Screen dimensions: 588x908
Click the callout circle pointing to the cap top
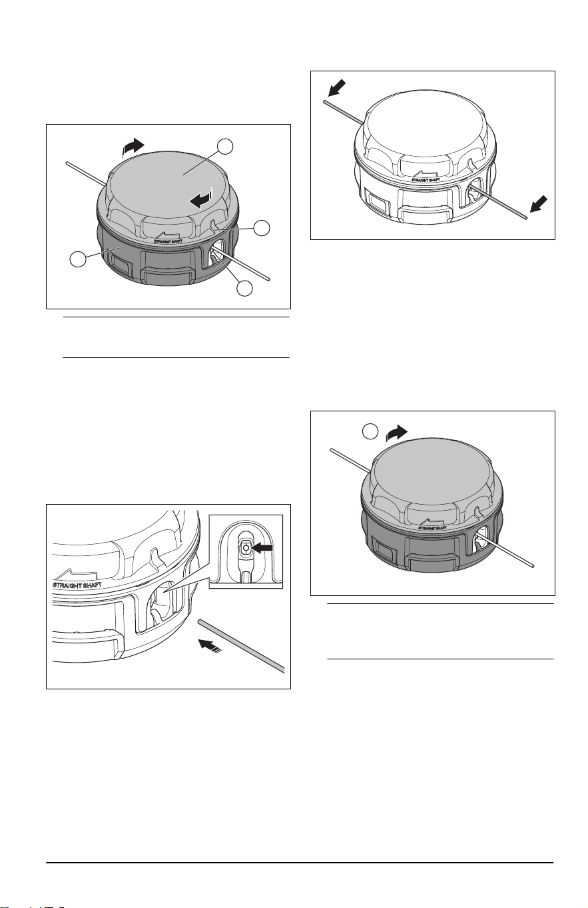coord(225,147)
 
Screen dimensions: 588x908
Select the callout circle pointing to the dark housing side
coord(78,259)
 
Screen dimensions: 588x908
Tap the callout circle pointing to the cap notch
coord(262,228)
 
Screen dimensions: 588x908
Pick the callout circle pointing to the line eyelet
coord(244,288)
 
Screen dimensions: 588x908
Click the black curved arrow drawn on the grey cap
coord(202,198)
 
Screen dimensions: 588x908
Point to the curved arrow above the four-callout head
coord(133,147)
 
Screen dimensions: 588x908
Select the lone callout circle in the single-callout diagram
coord(370,432)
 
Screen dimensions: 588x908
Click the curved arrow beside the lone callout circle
coord(396,433)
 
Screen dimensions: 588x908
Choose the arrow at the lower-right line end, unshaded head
coord(539,204)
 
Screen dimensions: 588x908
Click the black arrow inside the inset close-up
coord(261,547)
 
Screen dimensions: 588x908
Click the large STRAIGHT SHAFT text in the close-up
coord(77,585)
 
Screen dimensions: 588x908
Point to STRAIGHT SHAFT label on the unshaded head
coord(426,179)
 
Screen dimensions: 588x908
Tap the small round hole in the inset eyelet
coord(244,547)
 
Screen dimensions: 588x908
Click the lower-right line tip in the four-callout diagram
coord(269,279)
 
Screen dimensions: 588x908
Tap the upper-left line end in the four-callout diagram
coord(67,163)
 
